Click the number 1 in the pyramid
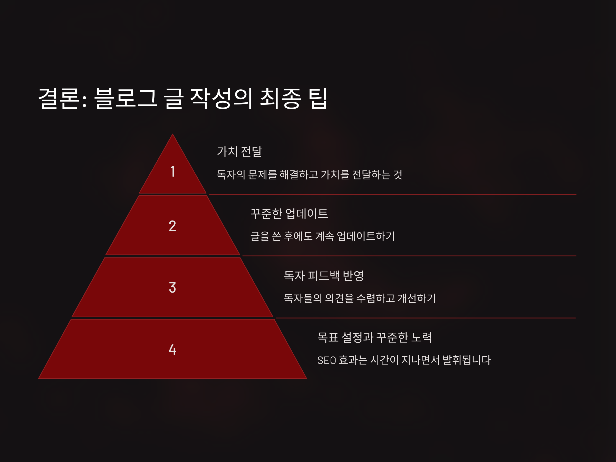pos(173,171)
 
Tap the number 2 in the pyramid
pos(172,226)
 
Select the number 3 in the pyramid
pos(172,287)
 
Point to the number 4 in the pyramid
pos(172,349)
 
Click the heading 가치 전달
pos(239,152)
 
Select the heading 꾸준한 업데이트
pos(289,214)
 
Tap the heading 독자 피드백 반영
pos(324,276)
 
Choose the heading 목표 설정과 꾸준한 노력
pos(374,337)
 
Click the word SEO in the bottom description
pos(326,361)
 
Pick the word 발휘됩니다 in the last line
pos(466,360)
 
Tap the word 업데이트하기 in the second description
pos(366,236)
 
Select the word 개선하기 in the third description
pos(417,298)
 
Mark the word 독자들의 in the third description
pos(303,298)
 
